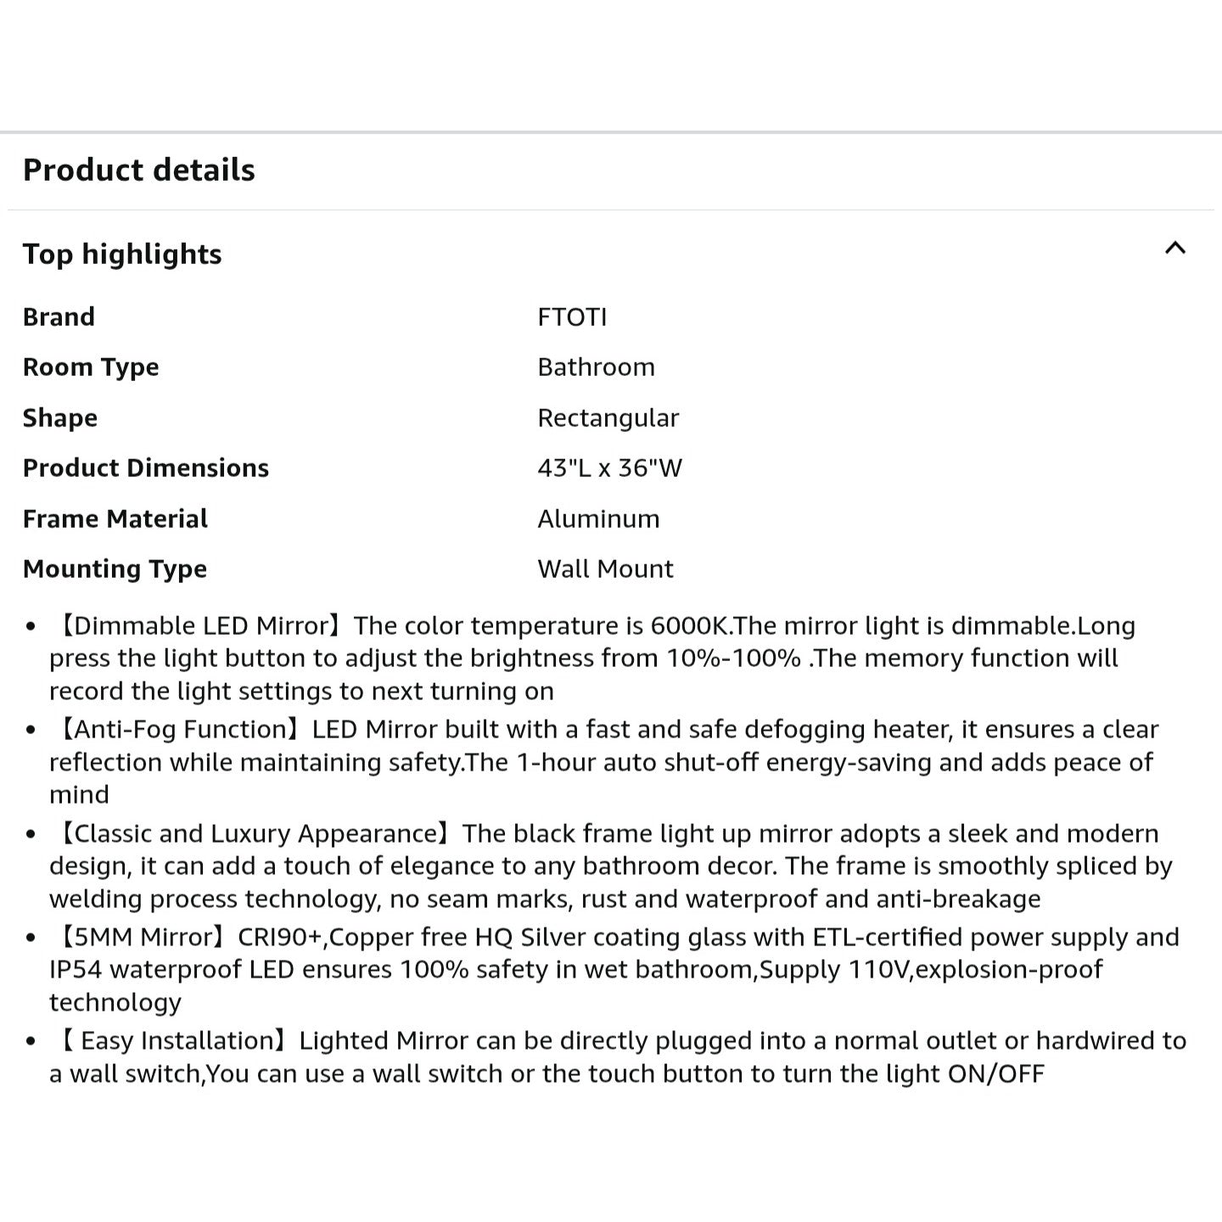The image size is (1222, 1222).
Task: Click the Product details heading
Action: [138, 170]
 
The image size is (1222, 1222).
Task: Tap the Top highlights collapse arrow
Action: [1174, 249]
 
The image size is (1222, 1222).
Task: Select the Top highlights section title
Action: [122, 254]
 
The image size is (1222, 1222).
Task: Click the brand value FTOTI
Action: [572, 317]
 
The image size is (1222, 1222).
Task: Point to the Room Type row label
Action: [91, 367]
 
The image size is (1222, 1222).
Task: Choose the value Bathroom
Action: [596, 367]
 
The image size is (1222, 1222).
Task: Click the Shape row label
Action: [60, 418]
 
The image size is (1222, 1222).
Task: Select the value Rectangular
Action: [608, 418]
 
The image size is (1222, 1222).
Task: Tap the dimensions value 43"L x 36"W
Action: [609, 468]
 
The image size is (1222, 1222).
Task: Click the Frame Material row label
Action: [115, 519]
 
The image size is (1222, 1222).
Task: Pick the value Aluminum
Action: [598, 519]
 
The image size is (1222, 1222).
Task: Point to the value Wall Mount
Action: [605, 569]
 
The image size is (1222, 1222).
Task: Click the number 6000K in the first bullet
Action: [689, 626]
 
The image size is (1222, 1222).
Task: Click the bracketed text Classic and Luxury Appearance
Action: [255, 833]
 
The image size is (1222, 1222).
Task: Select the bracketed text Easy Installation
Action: [177, 1040]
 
